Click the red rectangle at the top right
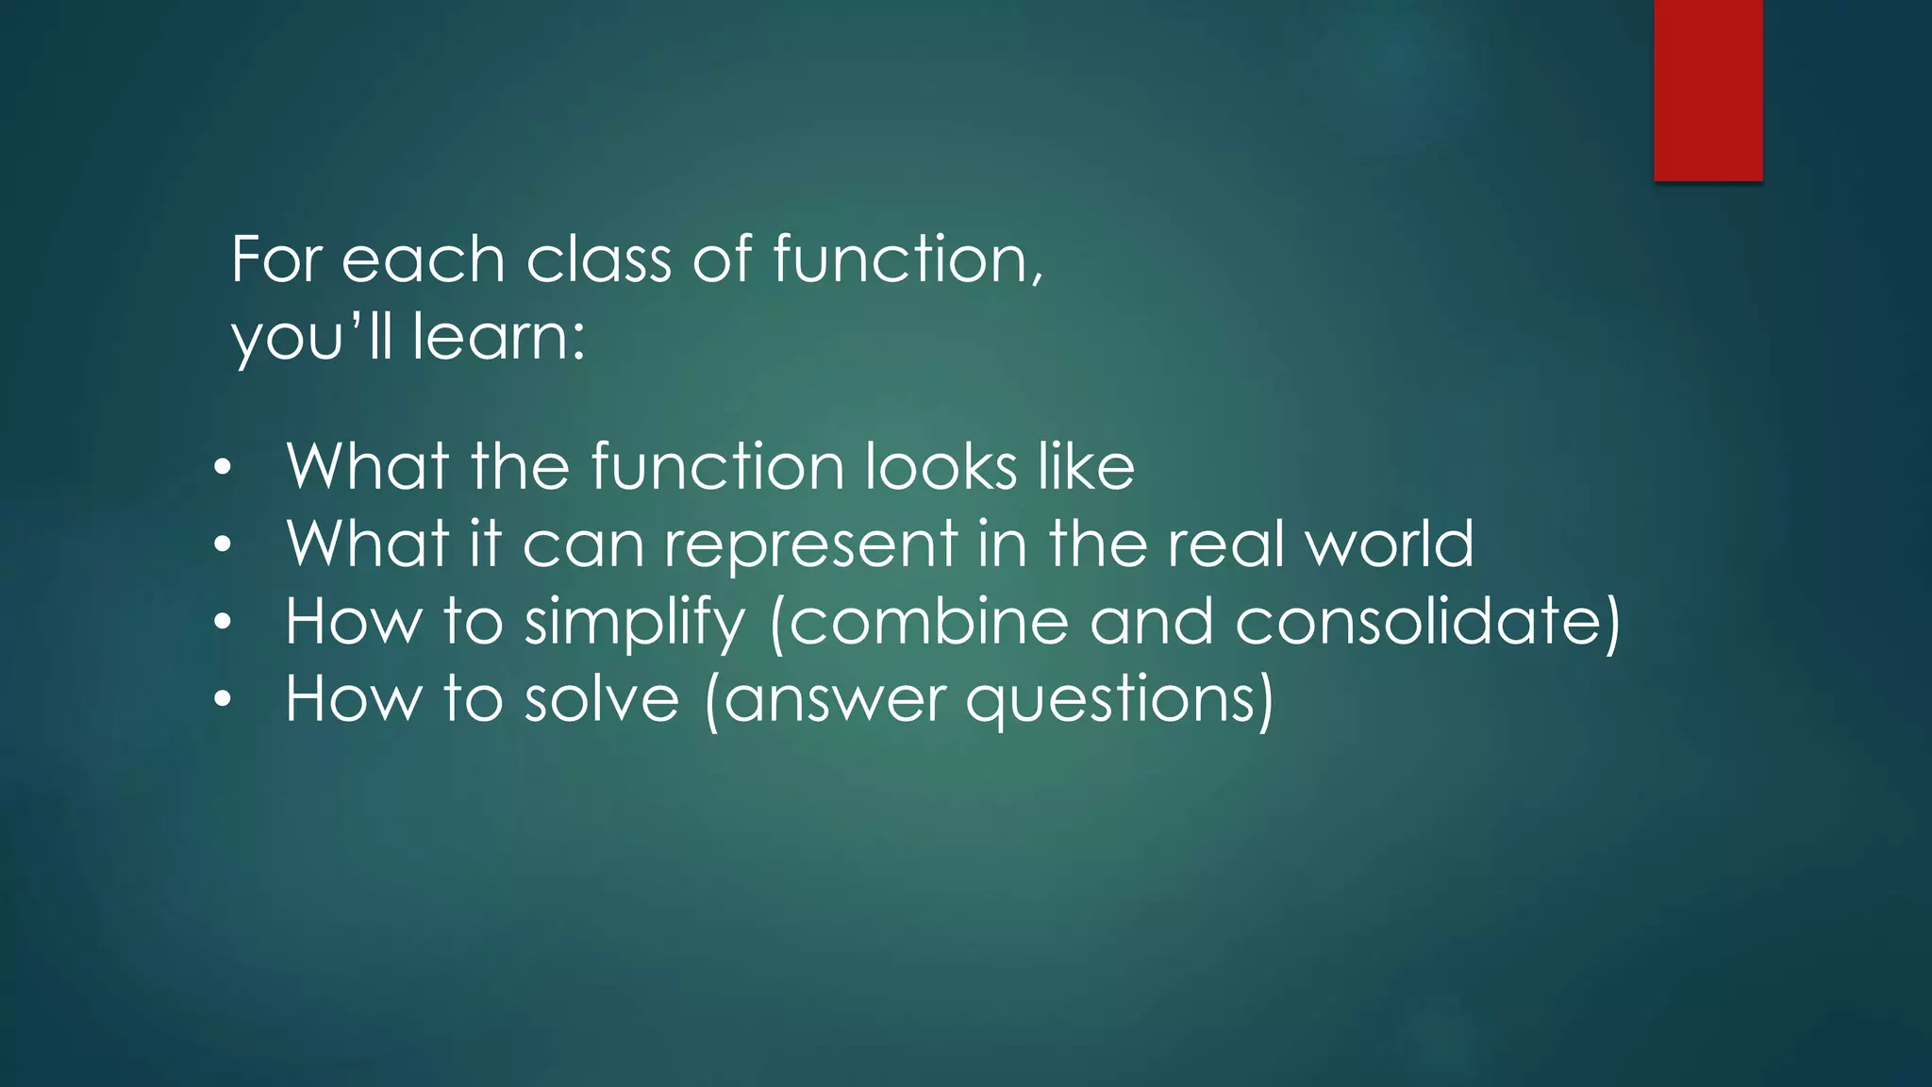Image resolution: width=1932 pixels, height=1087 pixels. (1707, 90)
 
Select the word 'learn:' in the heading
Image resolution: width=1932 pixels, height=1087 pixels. (499, 337)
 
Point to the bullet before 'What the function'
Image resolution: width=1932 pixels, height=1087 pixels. (222, 468)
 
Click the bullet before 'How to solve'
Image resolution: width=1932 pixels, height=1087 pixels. (222, 700)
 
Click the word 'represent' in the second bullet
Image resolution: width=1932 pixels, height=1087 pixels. (811, 545)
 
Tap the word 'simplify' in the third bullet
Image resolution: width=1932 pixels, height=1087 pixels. (634, 623)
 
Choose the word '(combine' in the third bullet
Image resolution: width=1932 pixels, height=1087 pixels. (920, 622)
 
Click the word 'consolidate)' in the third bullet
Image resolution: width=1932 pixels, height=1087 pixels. (1427, 622)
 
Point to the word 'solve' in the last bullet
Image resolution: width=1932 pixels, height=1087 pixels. (602, 699)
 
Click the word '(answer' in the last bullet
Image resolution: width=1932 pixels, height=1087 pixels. (825, 700)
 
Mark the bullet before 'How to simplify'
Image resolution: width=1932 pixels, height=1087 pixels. (222, 623)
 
